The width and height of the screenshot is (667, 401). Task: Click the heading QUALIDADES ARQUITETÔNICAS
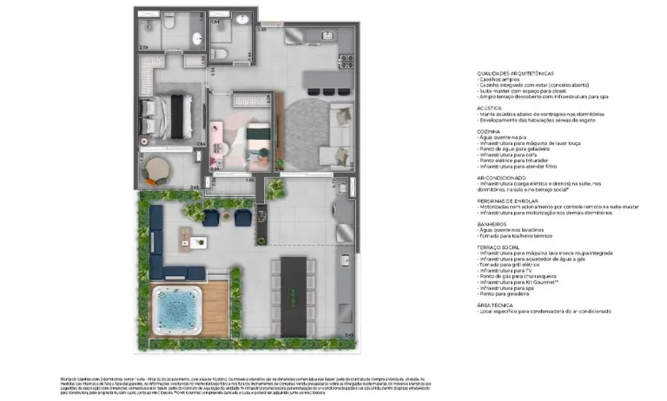pos(516,73)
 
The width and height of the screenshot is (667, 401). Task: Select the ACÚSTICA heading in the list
pos(490,108)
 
